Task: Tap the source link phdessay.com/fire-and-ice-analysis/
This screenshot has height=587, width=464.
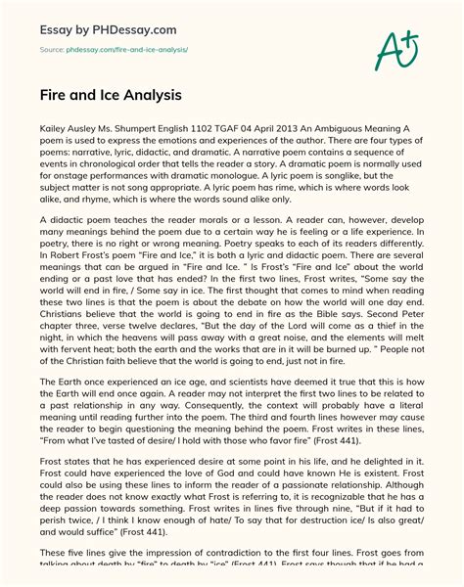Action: pyautogui.click(x=127, y=47)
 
